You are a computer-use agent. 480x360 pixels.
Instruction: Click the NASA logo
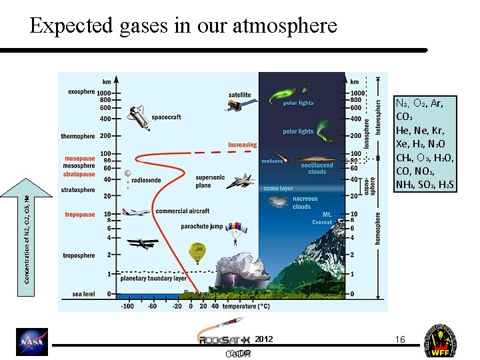32,341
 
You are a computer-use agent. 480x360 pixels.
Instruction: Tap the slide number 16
400,339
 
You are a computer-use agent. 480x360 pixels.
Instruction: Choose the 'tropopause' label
79,215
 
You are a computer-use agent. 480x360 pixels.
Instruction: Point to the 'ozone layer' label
277,189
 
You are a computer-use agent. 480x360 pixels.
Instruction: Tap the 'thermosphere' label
78,136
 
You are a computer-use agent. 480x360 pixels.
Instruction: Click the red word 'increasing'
242,145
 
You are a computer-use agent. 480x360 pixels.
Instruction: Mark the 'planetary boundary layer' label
153,279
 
